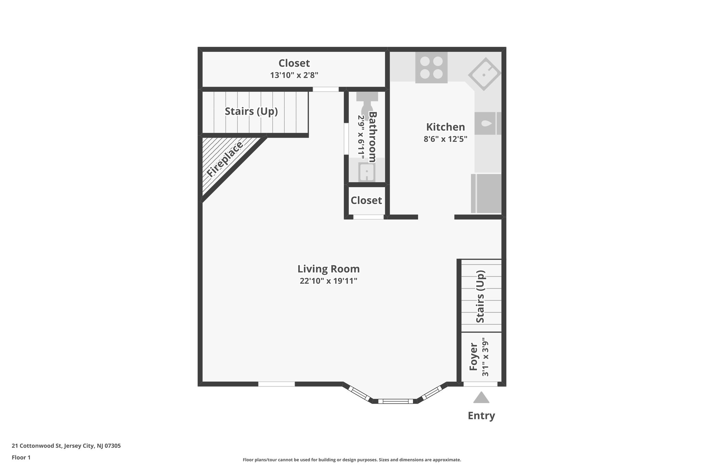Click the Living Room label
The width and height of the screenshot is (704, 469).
328,269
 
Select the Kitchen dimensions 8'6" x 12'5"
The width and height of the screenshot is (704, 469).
445,139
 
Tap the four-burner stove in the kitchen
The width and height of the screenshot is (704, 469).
431,67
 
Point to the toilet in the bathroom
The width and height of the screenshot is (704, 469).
367,105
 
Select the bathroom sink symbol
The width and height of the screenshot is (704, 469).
366,172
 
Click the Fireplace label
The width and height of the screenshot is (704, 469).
225,159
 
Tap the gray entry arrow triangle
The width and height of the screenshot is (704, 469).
481,398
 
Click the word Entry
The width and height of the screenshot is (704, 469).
481,416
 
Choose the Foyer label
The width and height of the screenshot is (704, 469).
474,357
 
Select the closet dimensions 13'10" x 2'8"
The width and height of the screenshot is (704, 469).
294,75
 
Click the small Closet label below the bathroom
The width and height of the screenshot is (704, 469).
366,200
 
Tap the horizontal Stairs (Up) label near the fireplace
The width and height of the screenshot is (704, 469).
251,111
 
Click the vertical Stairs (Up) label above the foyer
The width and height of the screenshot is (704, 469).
480,297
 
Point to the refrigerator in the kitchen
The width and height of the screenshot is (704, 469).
486,193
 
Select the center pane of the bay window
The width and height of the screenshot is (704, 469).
395,401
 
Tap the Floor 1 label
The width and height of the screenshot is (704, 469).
21,457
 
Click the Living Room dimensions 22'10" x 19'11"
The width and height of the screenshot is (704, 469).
328,281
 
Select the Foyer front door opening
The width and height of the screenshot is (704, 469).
480,384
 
